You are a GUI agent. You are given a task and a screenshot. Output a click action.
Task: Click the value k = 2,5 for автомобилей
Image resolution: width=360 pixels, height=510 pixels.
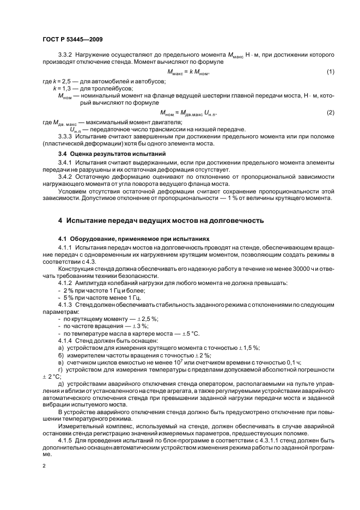click(58, 81)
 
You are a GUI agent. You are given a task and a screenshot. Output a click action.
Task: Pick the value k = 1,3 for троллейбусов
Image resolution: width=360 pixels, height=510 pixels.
click(63, 88)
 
